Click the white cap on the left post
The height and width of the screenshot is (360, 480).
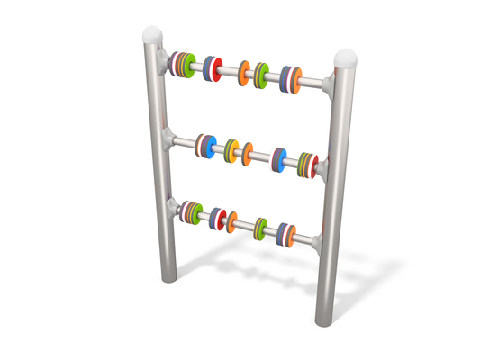pyautogui.click(x=154, y=36)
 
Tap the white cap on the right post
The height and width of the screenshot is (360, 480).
pyautogui.click(x=346, y=60)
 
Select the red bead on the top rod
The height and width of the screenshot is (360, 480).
pyautogui.click(x=213, y=68)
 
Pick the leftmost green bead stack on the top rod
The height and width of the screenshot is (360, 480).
pyautogui.click(x=185, y=64)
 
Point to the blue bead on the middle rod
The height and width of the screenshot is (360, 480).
pyautogui.click(x=207, y=146)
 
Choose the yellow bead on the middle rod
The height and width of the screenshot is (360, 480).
pyautogui.click(x=232, y=150)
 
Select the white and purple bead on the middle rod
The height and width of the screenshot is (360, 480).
pyautogui.click(x=280, y=160)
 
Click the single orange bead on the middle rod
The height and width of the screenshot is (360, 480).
pyautogui.click(x=248, y=155)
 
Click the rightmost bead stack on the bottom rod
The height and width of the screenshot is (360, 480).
pyautogui.click(x=287, y=233)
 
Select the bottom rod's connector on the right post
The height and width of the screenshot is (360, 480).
pyautogui.click(x=317, y=240)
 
